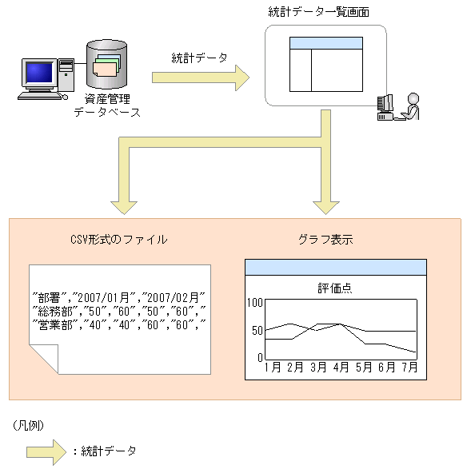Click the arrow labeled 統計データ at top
pyautogui.click(x=200, y=78)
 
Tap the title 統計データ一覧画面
pyautogui.click(x=319, y=12)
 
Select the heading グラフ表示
pyautogui.click(x=325, y=239)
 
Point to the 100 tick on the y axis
pyautogui.click(x=255, y=302)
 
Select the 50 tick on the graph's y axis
pyautogui.click(x=257, y=331)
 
